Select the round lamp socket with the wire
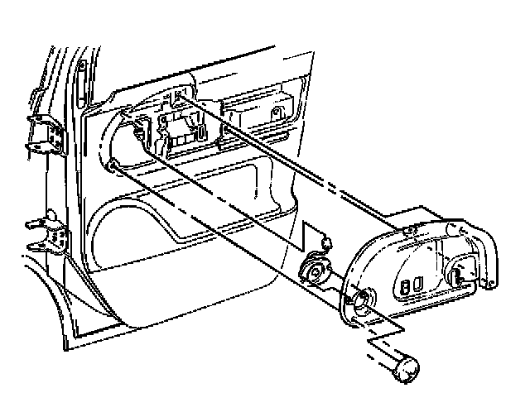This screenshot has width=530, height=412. click(314, 270)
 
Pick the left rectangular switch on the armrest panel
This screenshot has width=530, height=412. click(404, 287)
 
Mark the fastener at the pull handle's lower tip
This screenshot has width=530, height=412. click(494, 286)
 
